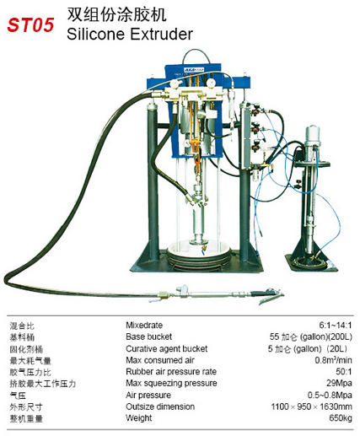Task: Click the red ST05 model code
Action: tap(30, 24)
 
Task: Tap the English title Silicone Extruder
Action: tap(130, 35)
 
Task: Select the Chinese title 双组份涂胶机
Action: tap(116, 14)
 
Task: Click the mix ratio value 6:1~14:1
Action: tap(336, 326)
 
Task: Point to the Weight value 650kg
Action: tap(341, 418)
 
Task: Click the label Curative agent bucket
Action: tap(167, 348)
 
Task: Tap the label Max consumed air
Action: tap(160, 360)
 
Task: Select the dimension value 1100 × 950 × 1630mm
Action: tap(312, 406)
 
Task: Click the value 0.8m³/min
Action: tap(334, 360)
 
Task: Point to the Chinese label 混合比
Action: tap(22, 326)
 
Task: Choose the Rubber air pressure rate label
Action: tap(171, 372)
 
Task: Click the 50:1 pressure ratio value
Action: tap(344, 372)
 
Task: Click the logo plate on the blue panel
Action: tap(194, 70)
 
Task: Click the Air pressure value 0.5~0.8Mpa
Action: tap(330, 395)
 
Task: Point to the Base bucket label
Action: tap(148, 336)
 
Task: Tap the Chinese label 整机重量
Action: tap(26, 418)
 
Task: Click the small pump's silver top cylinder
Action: tap(313, 136)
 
